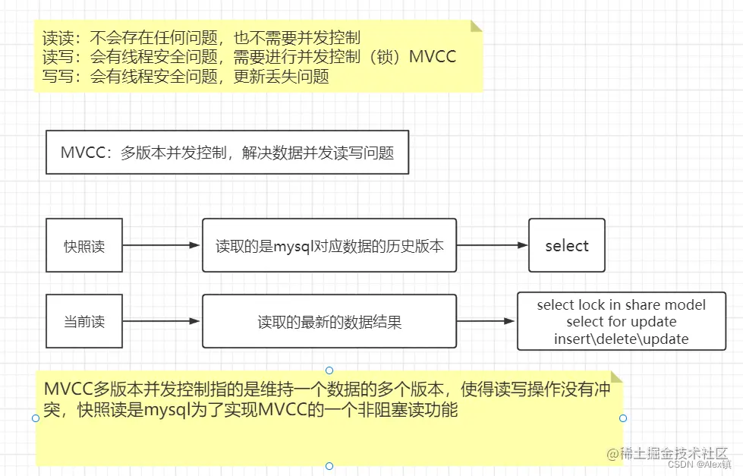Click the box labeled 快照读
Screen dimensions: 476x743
pyautogui.click(x=84, y=245)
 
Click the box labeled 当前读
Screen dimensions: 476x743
pyautogui.click(x=84, y=321)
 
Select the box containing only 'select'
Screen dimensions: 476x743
pyautogui.click(x=566, y=245)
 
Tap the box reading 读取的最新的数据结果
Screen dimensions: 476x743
pyautogui.click(x=329, y=322)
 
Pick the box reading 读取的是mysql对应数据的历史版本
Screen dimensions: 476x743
pyautogui.click(x=329, y=246)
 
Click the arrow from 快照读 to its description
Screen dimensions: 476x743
pyautogui.click(x=162, y=245)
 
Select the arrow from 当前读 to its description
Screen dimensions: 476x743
pyautogui.click(x=162, y=321)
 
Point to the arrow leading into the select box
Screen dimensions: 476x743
pyautogui.click(x=492, y=245)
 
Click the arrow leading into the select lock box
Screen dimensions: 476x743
pyautogui.click(x=486, y=322)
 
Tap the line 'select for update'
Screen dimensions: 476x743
pyautogui.click(x=621, y=322)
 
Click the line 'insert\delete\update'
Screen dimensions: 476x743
pyautogui.click(x=621, y=339)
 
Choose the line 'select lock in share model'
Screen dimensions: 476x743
pyautogui.click(x=621, y=304)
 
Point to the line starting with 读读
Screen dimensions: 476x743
pyautogui.click(x=201, y=37)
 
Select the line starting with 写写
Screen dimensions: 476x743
pyautogui.click(x=185, y=77)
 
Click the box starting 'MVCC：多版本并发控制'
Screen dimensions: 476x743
pyautogui.click(x=227, y=152)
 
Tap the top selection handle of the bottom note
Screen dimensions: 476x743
pyautogui.click(x=329, y=370)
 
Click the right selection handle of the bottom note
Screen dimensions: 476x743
pyautogui.click(x=623, y=418)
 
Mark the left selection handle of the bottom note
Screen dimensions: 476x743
pyautogui.click(x=36, y=418)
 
